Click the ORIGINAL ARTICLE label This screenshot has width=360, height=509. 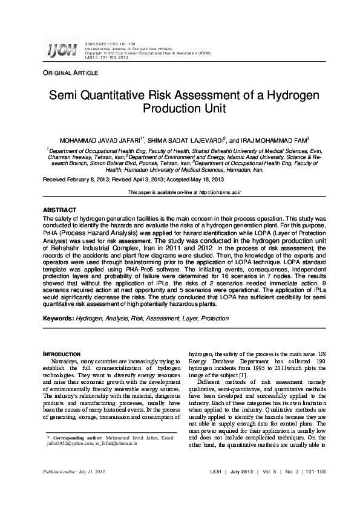tap(70, 73)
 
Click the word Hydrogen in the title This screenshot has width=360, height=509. tap(293, 96)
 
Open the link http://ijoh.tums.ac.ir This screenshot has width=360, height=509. tap(220, 192)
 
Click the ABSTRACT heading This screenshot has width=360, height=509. tap(59, 210)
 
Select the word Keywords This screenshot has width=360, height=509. tap(59, 318)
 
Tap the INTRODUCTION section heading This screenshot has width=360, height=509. tap(64, 354)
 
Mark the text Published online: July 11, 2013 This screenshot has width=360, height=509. tap(73, 487)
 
